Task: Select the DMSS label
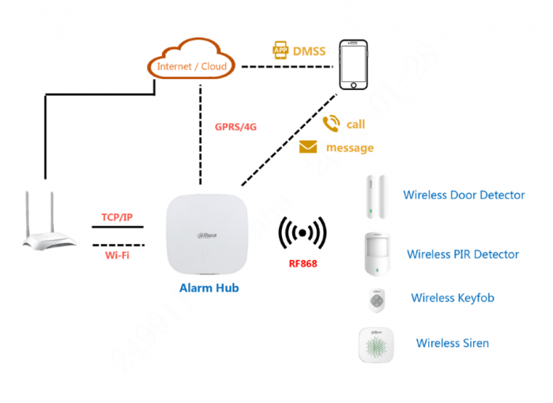[309, 51]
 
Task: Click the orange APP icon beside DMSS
[280, 50]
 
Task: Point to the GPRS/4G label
[236, 126]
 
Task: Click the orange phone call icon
[330, 123]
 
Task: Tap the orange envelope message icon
[307, 148]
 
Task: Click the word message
[350, 148]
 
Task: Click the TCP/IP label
[117, 217]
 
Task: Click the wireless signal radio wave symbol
[303, 233]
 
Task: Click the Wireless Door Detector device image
[373, 197]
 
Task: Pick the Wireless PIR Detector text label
[463, 254]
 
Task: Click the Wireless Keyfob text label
[453, 298]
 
